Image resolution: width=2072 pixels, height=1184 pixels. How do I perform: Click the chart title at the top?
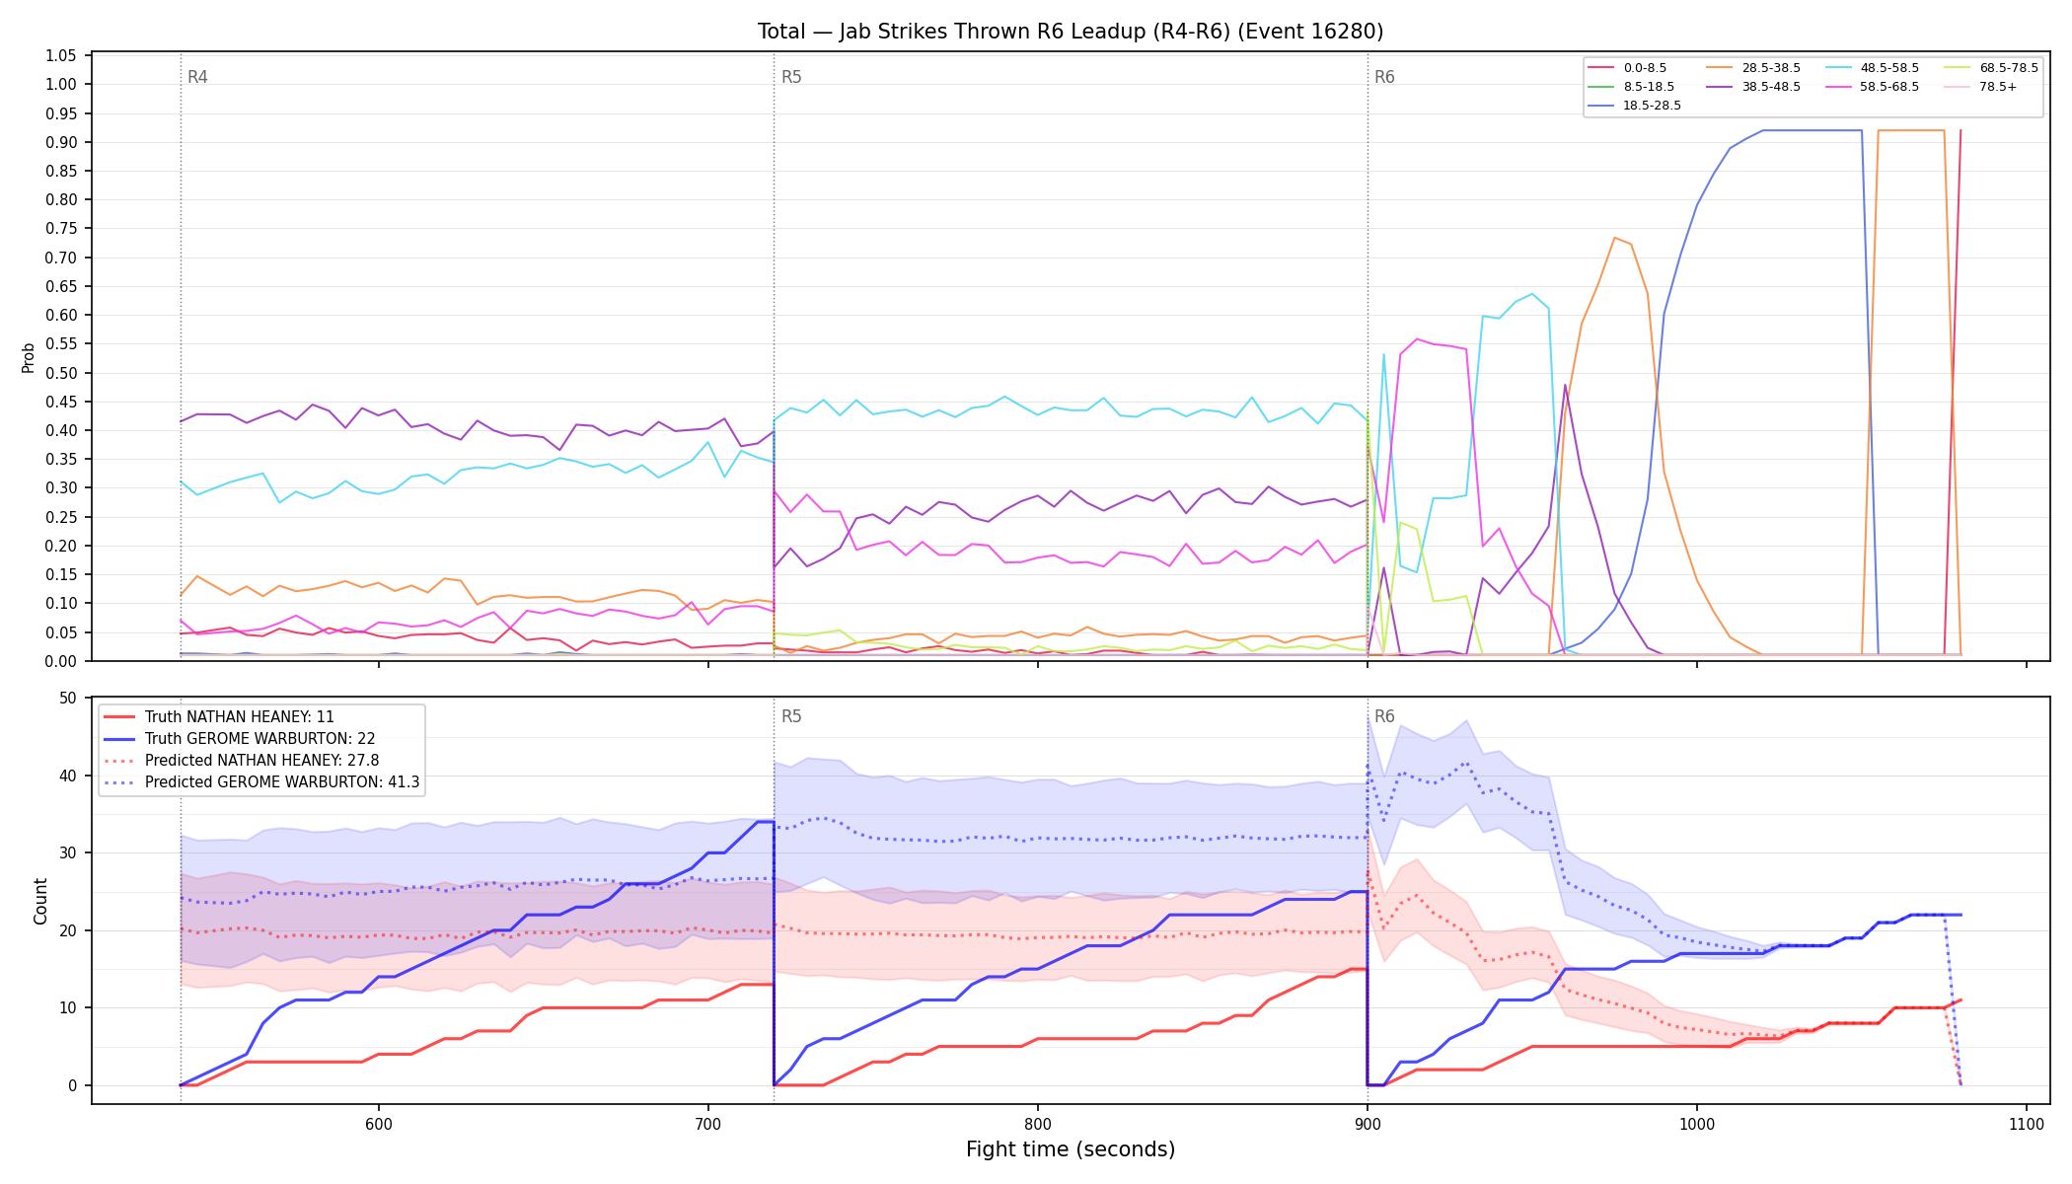click(1071, 32)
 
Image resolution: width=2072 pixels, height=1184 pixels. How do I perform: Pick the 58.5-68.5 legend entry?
click(1872, 87)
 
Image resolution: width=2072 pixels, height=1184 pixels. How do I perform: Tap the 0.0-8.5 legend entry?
click(1627, 68)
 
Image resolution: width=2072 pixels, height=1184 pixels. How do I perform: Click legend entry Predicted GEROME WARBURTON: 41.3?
click(261, 782)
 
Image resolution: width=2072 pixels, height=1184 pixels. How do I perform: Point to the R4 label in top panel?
click(197, 77)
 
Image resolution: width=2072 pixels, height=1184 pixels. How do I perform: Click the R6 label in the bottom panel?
click(1384, 716)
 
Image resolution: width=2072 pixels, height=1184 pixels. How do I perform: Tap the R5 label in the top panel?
click(791, 77)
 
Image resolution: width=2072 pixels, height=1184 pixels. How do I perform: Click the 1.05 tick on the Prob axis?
click(61, 55)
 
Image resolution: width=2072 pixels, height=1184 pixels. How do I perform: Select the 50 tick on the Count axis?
click(68, 699)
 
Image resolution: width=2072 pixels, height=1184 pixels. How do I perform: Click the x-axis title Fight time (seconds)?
click(1071, 1149)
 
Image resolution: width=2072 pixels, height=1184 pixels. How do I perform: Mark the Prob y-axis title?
click(28, 357)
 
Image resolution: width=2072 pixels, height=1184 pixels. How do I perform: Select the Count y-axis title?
click(40, 901)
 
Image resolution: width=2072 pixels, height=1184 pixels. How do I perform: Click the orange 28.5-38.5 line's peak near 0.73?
click(1614, 238)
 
